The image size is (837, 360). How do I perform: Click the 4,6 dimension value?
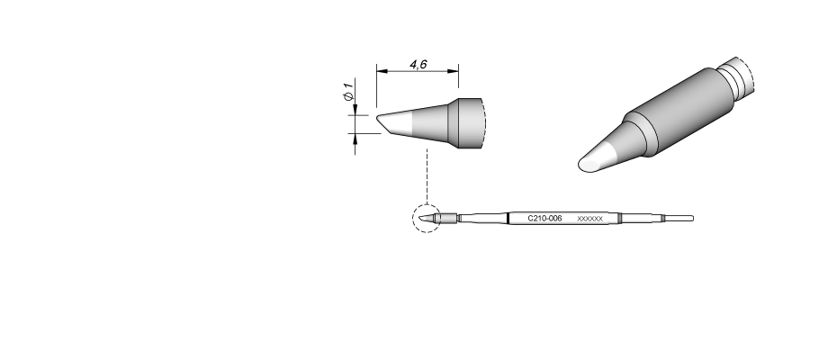pos(418,65)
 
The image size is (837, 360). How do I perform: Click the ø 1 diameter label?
pos(348,91)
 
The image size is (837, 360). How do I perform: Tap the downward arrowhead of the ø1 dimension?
pos(355,110)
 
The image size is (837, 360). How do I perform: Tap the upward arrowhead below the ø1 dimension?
pos(355,139)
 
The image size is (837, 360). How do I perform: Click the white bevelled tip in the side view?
pos(394,124)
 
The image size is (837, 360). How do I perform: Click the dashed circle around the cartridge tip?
pos(427,219)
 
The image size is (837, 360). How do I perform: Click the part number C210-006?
pos(544,219)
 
